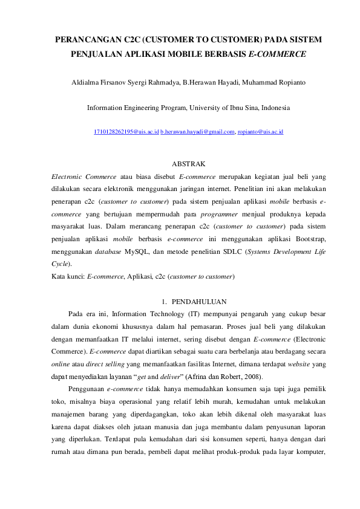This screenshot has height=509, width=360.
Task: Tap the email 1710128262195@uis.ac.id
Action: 126,131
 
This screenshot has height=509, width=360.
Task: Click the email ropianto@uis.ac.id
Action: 260,131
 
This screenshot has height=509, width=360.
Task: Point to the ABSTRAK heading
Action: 189,164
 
